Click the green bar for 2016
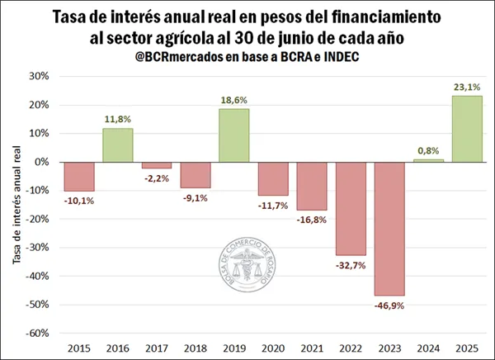pos(117,144)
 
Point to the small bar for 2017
pos(156,165)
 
